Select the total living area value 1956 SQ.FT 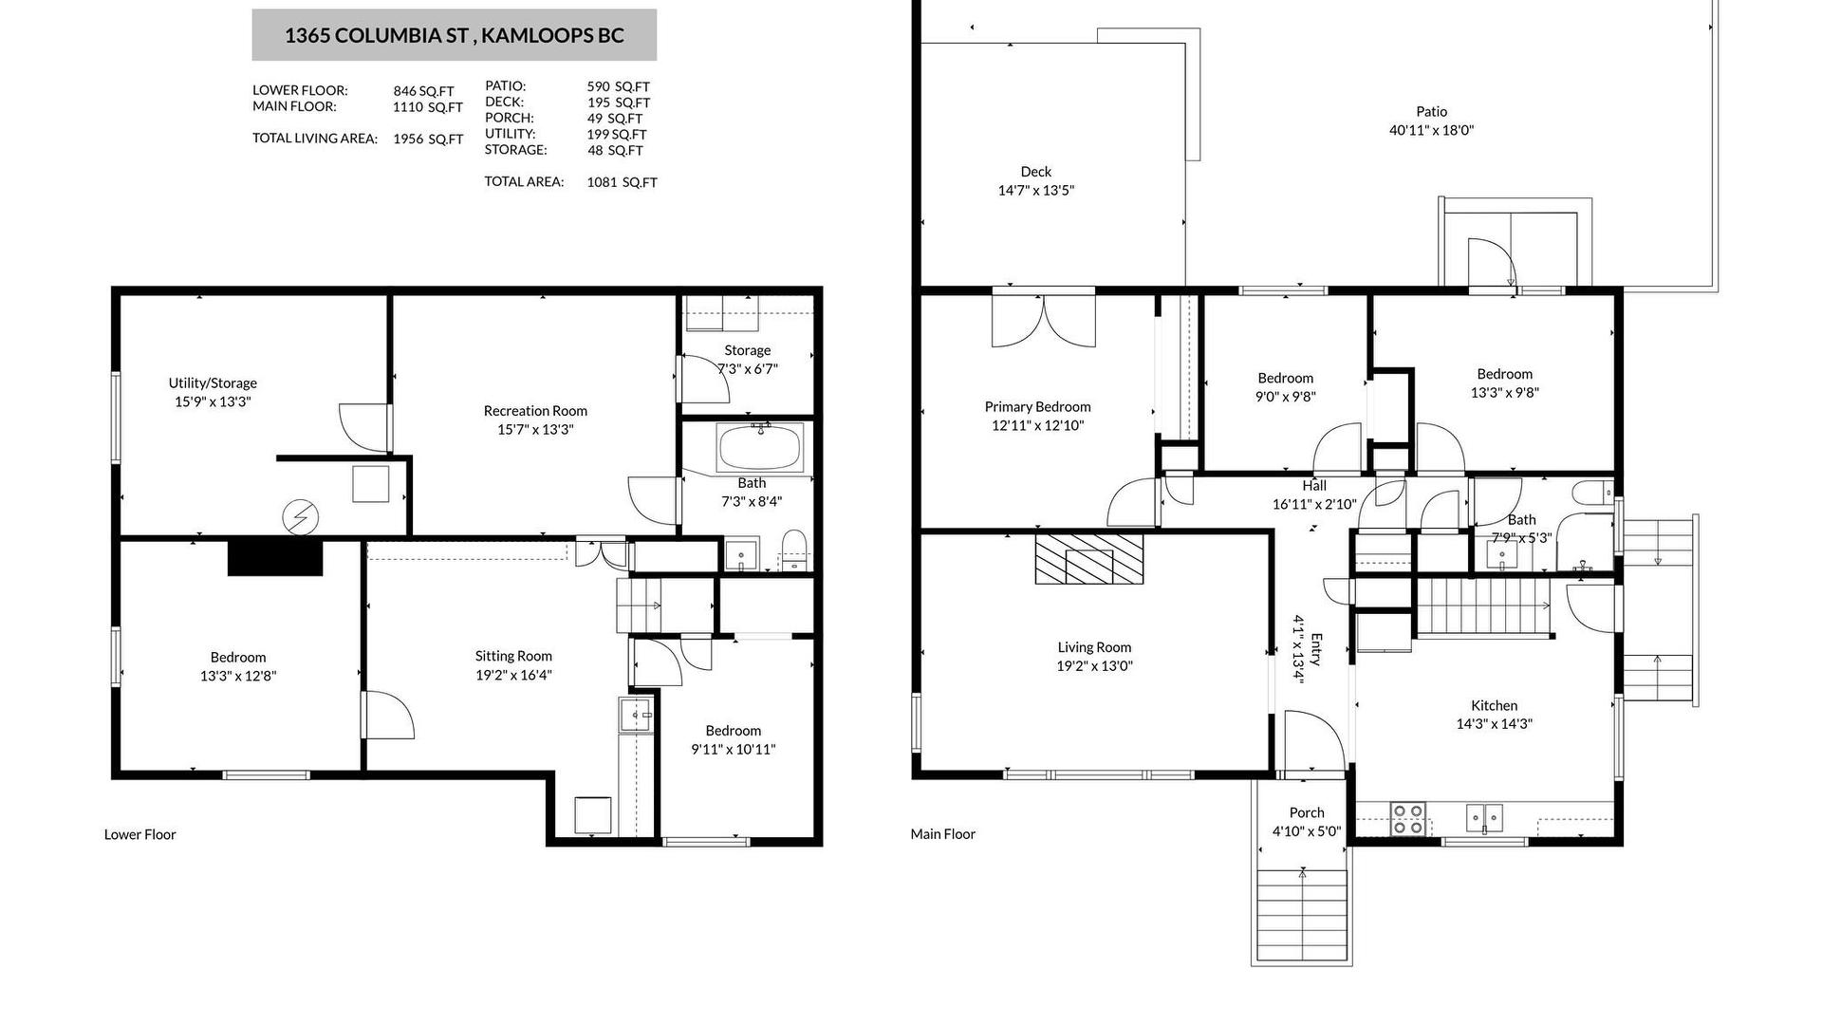tap(428, 139)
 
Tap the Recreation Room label tap(535, 411)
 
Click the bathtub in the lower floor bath tap(760, 447)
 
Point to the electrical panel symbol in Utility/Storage tap(300, 517)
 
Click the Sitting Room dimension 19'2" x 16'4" tap(513, 676)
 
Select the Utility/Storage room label tap(213, 383)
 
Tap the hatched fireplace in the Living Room tap(1089, 559)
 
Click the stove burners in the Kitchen tap(1407, 819)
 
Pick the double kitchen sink tap(1485, 817)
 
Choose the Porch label tap(1307, 812)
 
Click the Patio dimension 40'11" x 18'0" tap(1431, 130)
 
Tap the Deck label tap(1036, 172)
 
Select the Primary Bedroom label tap(1037, 407)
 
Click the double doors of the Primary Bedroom tap(1043, 321)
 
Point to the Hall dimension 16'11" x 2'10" tap(1314, 504)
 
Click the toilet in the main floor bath tap(1592, 493)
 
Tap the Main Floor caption tap(942, 834)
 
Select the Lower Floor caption tap(139, 834)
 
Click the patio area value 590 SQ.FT tap(618, 86)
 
